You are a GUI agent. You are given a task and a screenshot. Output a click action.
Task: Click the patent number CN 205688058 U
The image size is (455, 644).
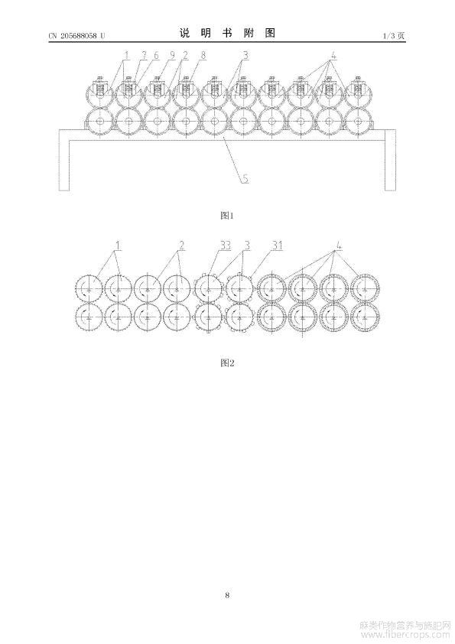tap(76, 36)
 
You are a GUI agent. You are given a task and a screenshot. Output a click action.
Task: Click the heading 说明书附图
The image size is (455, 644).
tap(227, 33)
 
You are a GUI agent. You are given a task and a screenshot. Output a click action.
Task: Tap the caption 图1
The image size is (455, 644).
tap(227, 215)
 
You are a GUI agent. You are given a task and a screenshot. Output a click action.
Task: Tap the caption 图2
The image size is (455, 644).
tap(227, 363)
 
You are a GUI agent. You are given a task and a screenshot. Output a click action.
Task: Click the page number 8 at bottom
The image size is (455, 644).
tap(227, 595)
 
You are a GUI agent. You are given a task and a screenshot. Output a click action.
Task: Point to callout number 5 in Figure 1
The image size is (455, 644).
tap(245, 179)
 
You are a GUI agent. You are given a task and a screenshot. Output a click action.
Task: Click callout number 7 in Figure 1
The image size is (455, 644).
tap(144, 55)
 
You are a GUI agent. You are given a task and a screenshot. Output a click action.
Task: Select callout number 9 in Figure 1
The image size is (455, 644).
tap(173, 55)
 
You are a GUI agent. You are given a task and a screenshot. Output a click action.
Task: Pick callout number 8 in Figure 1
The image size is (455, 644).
tap(203, 55)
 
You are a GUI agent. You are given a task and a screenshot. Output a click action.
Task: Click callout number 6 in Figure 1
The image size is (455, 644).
tap(156, 55)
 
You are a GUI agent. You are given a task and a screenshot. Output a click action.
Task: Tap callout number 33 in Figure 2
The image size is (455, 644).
tap(226, 246)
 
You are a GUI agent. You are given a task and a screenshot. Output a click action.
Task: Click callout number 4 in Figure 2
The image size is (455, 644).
tap(340, 246)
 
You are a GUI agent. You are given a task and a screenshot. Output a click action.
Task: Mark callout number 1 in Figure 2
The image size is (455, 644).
tap(118, 246)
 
